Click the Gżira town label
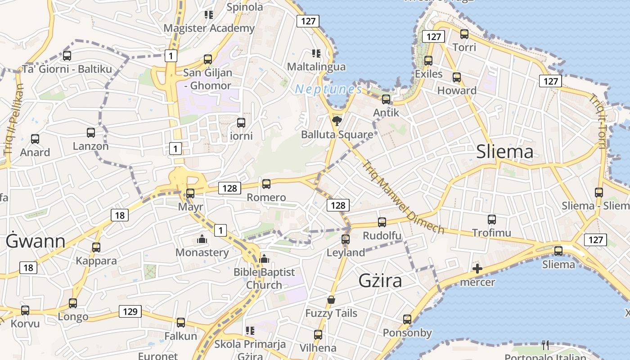[380, 281]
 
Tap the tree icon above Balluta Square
[336, 120]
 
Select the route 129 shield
[130, 311]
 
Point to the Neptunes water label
[328, 90]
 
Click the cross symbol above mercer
[477, 269]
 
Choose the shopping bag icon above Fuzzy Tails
[331, 300]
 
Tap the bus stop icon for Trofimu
[492, 220]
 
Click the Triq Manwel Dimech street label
[403, 198]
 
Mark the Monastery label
[202, 252]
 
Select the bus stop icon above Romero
[266, 184]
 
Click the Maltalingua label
[316, 67]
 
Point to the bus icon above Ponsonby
[407, 319]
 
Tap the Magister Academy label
[209, 28]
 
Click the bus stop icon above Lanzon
[91, 133]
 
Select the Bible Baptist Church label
[264, 278]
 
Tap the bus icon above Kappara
[96, 247]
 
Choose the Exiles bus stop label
[429, 74]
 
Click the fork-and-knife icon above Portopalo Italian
[545, 345]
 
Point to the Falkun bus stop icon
[181, 322]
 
